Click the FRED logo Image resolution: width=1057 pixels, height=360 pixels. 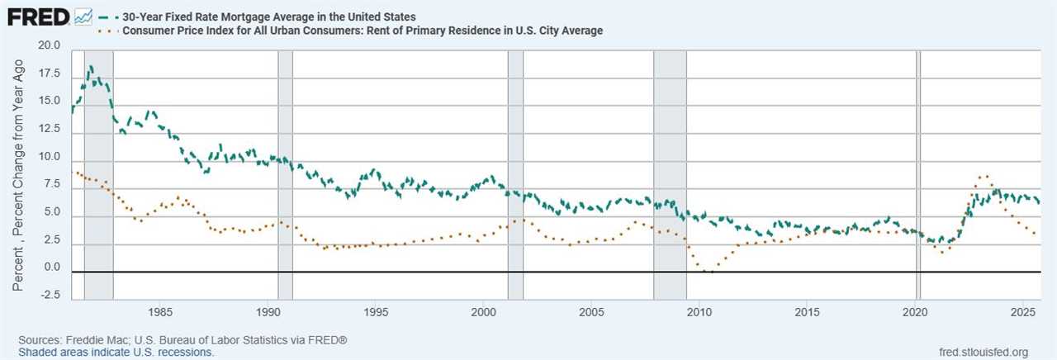(37, 17)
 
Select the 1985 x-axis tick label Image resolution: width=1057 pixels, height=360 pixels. (160, 312)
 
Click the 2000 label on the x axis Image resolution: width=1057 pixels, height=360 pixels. (483, 312)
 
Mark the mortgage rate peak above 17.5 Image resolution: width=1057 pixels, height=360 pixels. (90, 67)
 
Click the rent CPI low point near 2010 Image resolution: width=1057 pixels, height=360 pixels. (707, 271)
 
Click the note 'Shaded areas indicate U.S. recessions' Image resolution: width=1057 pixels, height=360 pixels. (116, 353)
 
